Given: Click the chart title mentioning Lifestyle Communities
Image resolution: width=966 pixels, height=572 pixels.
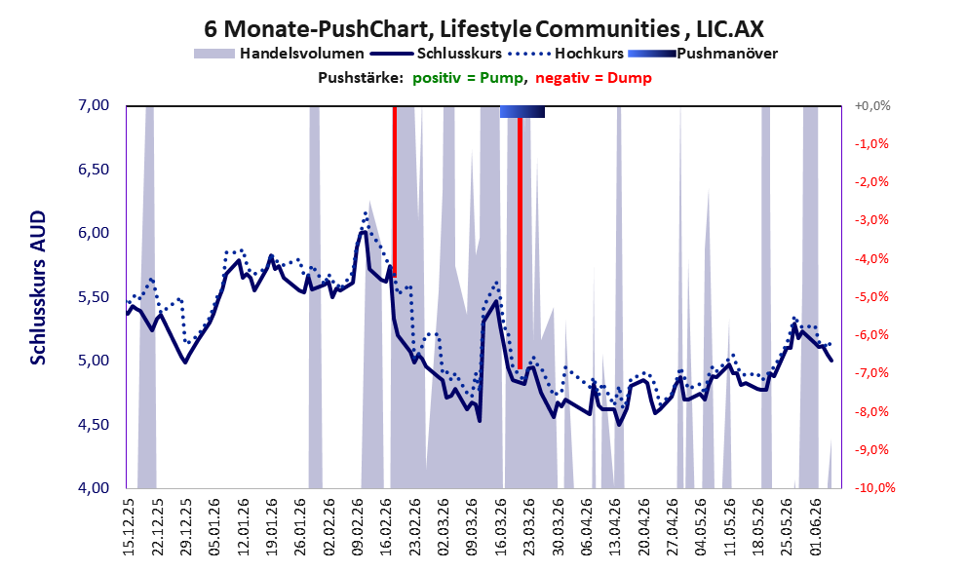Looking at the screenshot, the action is click(483, 28).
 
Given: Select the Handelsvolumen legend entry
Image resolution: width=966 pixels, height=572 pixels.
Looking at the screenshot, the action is click(279, 54).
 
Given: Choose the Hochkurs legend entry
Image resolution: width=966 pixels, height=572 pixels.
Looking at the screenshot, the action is click(566, 54).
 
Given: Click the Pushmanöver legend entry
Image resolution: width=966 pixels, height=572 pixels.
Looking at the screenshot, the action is click(703, 54).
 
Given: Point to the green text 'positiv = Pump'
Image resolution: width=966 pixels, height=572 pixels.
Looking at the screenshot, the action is click(469, 78).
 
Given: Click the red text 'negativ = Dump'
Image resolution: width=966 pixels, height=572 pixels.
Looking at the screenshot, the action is click(594, 78).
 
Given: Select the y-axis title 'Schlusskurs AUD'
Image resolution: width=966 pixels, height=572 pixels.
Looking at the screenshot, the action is click(38, 287).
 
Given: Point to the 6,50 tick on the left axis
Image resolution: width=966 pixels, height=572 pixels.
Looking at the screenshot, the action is click(94, 170).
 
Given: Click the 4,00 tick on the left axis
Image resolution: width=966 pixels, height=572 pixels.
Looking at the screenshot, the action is click(94, 487).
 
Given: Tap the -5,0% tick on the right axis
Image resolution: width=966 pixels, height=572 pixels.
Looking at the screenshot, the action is click(871, 297).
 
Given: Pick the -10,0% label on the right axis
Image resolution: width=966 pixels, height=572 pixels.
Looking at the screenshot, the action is click(873, 487).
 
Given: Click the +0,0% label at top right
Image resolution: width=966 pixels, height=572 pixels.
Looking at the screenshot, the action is click(872, 106).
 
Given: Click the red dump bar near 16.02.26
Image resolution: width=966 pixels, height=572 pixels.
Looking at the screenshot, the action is click(394, 191).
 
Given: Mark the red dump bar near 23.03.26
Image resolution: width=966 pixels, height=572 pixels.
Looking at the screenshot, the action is click(520, 244).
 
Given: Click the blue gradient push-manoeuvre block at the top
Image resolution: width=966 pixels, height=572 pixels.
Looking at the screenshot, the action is click(522, 111).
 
